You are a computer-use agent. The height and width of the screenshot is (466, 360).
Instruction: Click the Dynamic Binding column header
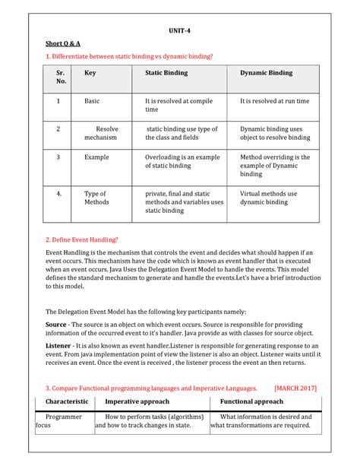tap(267, 73)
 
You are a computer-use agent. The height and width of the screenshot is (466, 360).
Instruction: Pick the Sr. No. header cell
tap(58, 78)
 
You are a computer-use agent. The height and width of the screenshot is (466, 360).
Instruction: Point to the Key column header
tap(90, 73)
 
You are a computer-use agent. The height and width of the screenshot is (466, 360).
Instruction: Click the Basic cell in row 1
tap(92, 100)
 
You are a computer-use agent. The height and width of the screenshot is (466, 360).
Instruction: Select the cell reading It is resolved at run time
tap(274, 100)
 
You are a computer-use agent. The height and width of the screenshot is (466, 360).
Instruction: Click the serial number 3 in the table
tap(58, 157)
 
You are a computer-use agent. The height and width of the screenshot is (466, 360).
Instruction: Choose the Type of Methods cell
tap(96, 198)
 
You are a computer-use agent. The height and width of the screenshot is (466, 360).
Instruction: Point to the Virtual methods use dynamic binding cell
tap(269, 198)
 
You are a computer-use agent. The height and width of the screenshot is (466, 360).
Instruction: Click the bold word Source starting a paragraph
tap(56, 324)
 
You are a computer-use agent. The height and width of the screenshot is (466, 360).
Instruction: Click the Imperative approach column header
tap(137, 401)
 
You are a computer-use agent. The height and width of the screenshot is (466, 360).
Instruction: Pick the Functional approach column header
tap(251, 401)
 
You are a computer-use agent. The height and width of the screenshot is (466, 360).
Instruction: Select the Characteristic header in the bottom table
tap(67, 401)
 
